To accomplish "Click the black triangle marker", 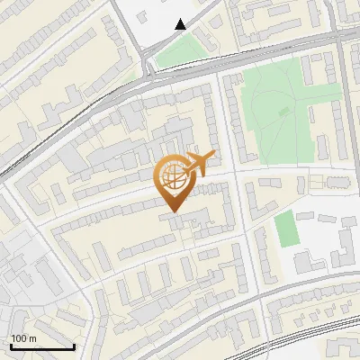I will coord(181,24).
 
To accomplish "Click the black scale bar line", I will coord(42,347).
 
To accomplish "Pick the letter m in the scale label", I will coord(33,338).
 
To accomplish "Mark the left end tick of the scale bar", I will coord(11,345).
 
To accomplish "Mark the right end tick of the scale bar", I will coord(74,345).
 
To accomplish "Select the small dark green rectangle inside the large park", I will coord(284,112).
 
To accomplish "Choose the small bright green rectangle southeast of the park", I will coord(285,229).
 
